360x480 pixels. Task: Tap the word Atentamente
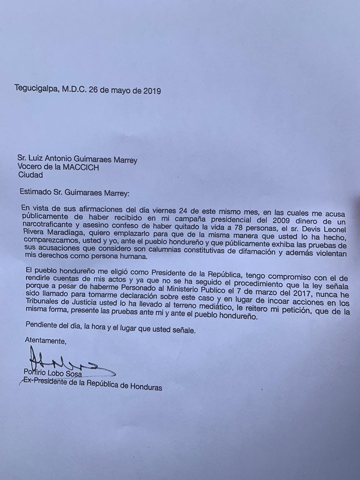pos(45,341)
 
